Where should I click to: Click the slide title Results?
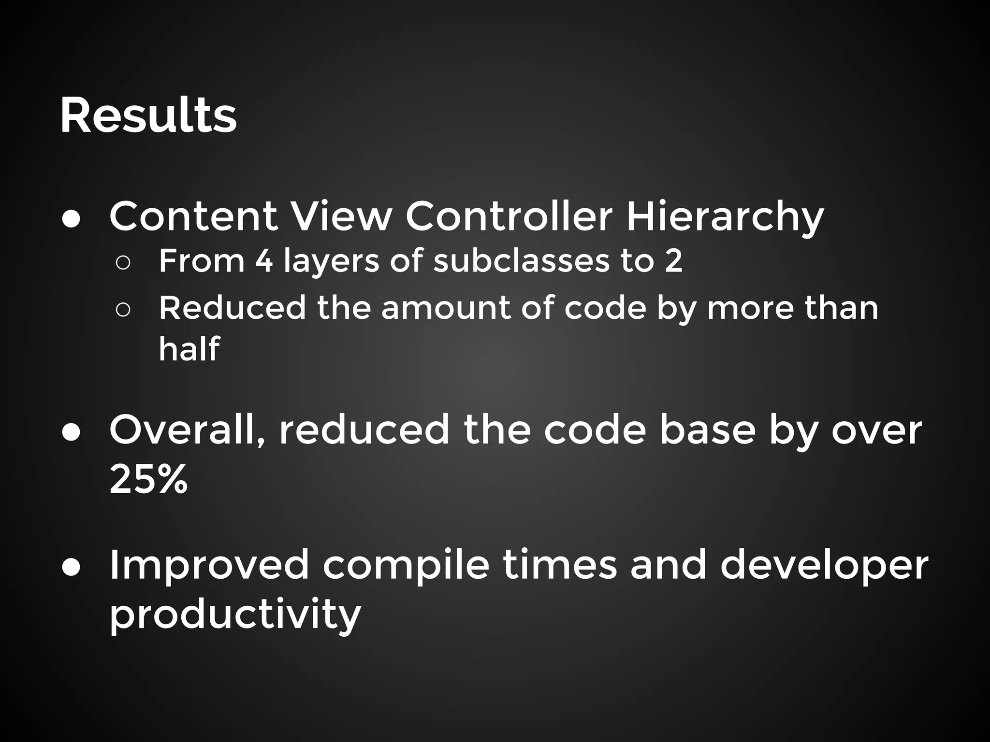pyautogui.click(x=148, y=116)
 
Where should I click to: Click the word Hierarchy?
pyautogui.click(x=725, y=217)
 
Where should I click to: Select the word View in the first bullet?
pyautogui.click(x=341, y=216)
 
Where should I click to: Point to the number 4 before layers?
pyautogui.click(x=264, y=261)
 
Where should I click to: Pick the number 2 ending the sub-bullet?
pyautogui.click(x=674, y=261)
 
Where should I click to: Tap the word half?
pyautogui.click(x=189, y=348)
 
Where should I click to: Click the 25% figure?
pyautogui.click(x=148, y=479)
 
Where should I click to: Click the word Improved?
pyautogui.click(x=209, y=565)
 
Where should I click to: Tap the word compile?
pyautogui.click(x=406, y=565)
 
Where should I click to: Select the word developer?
pyautogui.click(x=824, y=565)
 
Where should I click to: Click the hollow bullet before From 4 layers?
pyautogui.click(x=123, y=263)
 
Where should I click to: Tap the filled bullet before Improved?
pyautogui.click(x=71, y=568)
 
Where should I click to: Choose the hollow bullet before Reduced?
pyautogui.click(x=123, y=310)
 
